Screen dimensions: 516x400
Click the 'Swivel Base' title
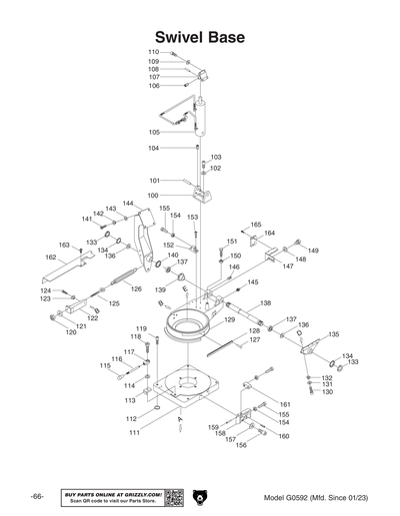(x=200, y=37)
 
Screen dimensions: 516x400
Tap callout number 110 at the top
(x=153, y=52)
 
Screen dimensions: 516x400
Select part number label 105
(x=154, y=132)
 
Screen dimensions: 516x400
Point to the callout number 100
(x=153, y=195)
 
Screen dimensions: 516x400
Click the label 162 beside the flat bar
(x=51, y=257)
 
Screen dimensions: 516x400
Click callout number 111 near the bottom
(x=133, y=432)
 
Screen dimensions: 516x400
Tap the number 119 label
(x=141, y=329)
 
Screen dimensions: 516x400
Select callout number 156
(x=240, y=445)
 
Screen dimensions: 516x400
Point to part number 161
(x=284, y=404)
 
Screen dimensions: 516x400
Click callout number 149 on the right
(x=313, y=251)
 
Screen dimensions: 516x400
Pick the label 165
(x=255, y=225)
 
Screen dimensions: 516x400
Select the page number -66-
(x=37, y=497)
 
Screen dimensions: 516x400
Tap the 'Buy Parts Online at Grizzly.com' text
(x=112, y=493)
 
